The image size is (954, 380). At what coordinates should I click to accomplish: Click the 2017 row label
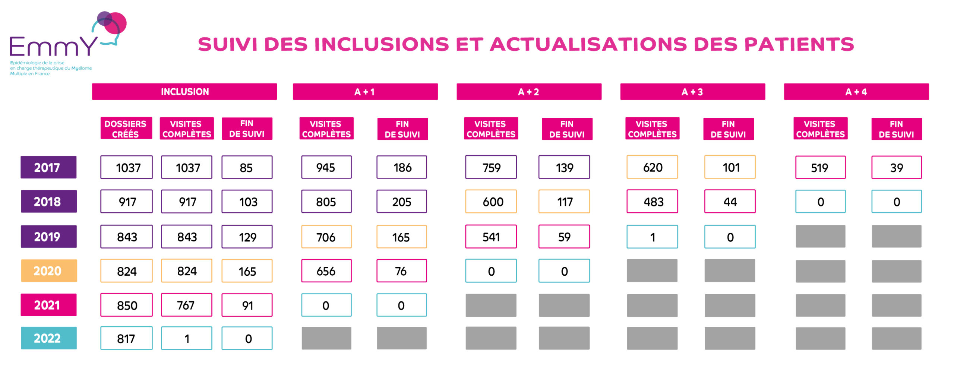pos(48,167)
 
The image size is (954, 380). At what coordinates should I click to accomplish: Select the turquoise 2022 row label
pos(48,338)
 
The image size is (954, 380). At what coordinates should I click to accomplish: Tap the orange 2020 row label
pos(48,270)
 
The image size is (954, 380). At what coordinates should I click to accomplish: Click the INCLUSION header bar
pos(184,92)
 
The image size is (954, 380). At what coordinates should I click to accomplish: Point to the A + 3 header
pos(692,92)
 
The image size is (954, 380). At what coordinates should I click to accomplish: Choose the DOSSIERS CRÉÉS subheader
pos(126,129)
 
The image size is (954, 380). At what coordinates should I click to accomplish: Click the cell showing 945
pos(326,167)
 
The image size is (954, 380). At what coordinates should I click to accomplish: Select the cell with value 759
pos(491,167)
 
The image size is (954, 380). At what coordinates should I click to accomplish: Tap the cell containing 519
pos(820,167)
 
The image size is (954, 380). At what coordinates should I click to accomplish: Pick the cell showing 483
pos(652,202)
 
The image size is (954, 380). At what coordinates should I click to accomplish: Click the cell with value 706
pos(326,237)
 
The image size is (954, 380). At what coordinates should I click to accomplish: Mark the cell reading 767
pos(186,305)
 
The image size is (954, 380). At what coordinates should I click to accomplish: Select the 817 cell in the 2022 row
pos(126,338)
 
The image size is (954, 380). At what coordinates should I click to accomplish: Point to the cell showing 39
pos(896,167)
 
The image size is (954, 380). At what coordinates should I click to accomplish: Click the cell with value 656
pos(326,271)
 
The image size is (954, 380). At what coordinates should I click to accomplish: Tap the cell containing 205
pos(401,202)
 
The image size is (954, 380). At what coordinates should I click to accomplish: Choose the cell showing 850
pos(126,305)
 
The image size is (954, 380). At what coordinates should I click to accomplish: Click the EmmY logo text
pos(54,46)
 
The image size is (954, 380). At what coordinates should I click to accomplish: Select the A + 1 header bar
pos(365,92)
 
